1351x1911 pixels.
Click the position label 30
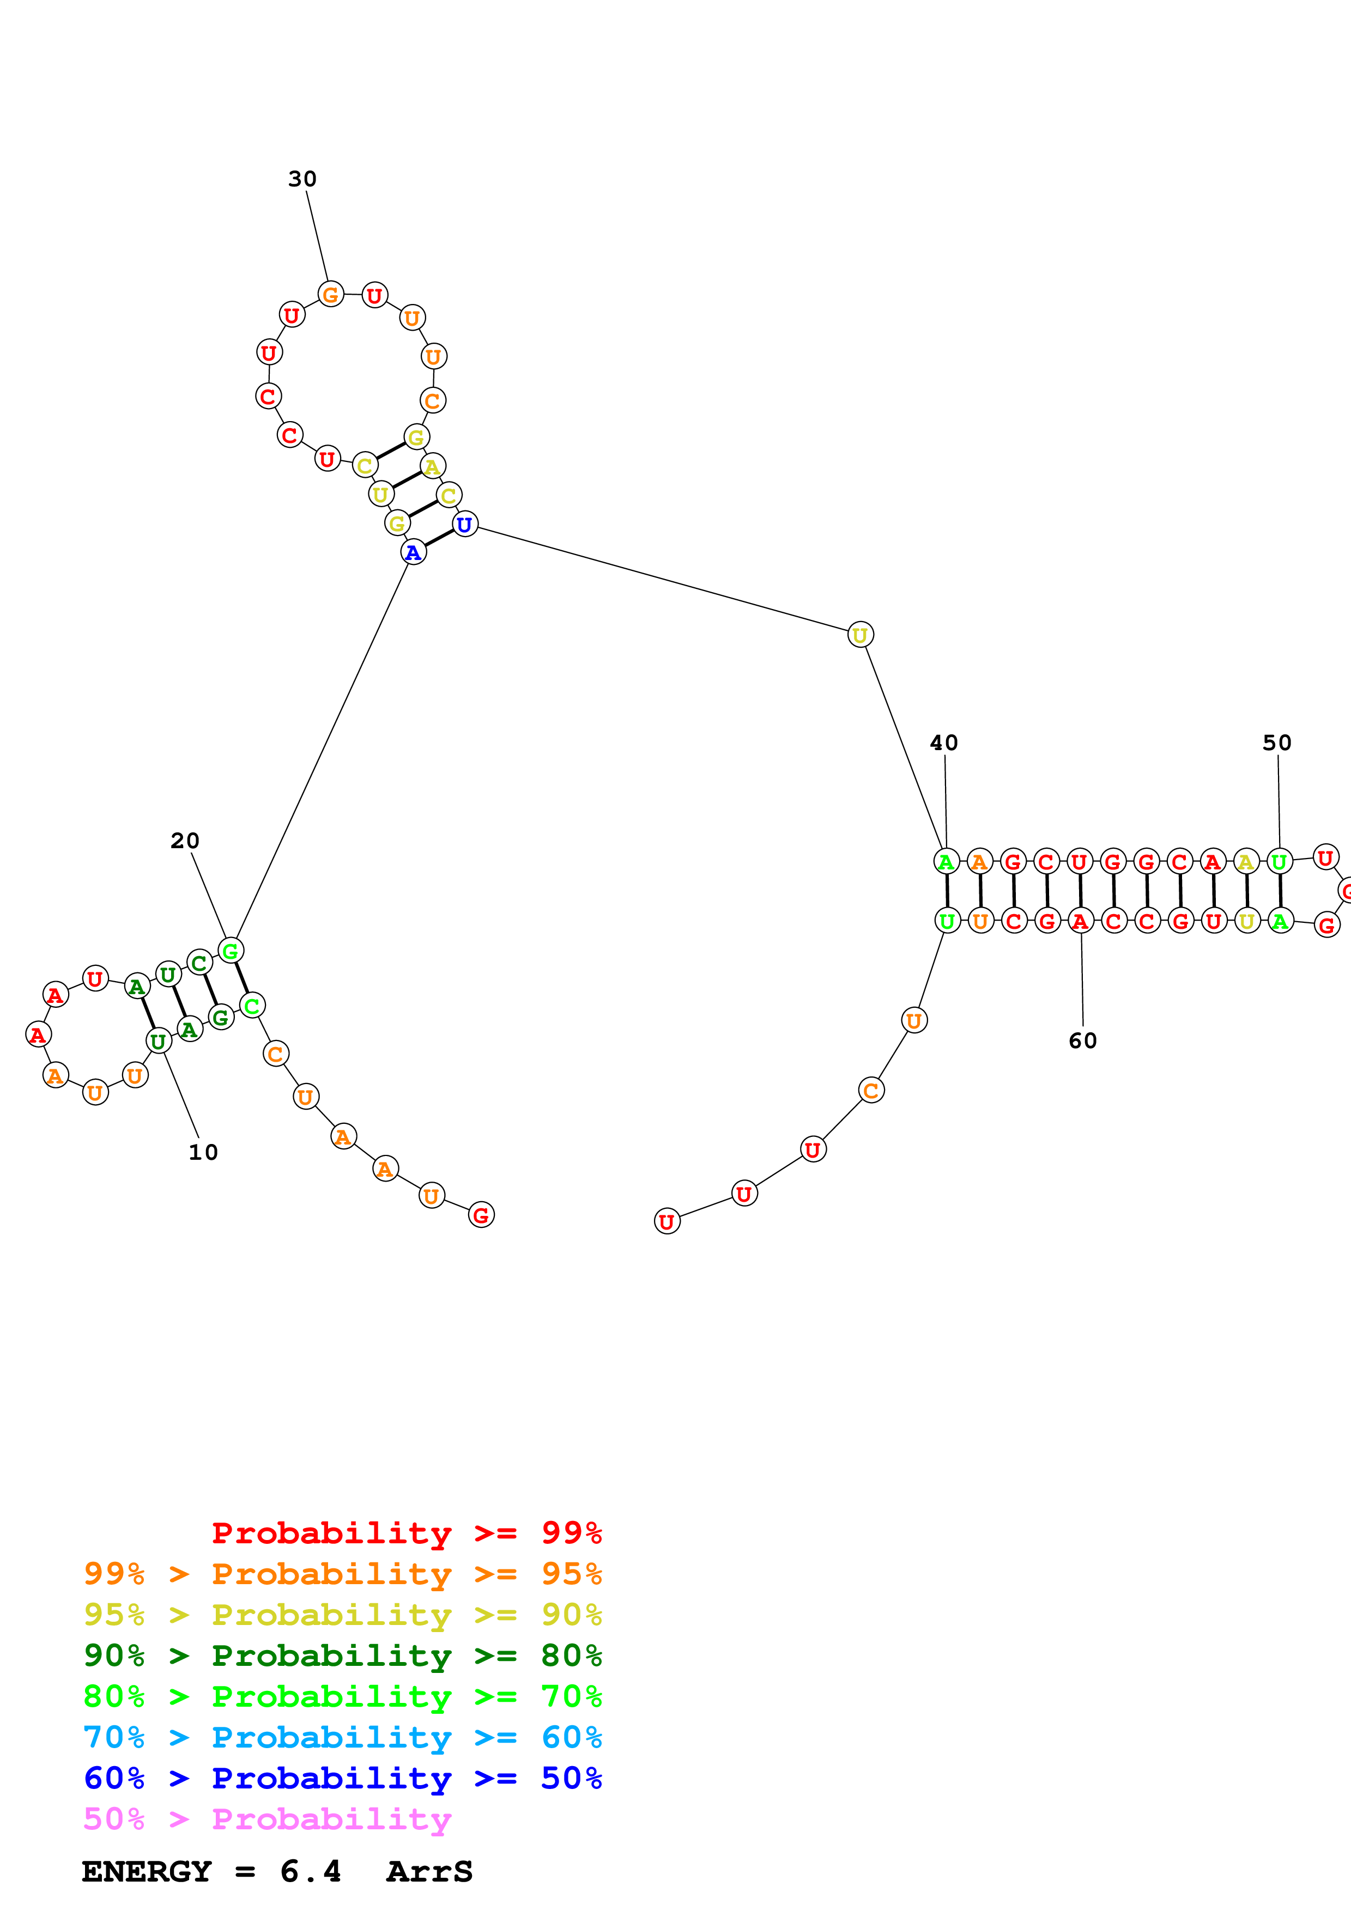(302, 179)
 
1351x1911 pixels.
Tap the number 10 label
(203, 1153)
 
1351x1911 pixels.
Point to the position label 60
(1083, 1041)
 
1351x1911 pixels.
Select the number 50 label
(1277, 743)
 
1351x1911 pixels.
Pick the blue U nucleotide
(464, 525)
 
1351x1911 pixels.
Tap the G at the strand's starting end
(481, 1215)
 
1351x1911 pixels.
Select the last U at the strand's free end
(667, 1222)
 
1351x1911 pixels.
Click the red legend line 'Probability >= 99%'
(406, 1533)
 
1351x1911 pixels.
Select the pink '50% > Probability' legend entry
(266, 1819)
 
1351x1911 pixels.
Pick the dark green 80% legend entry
(342, 1656)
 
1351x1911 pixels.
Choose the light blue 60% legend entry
(342, 1737)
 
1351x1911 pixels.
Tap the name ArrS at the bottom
(429, 1872)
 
